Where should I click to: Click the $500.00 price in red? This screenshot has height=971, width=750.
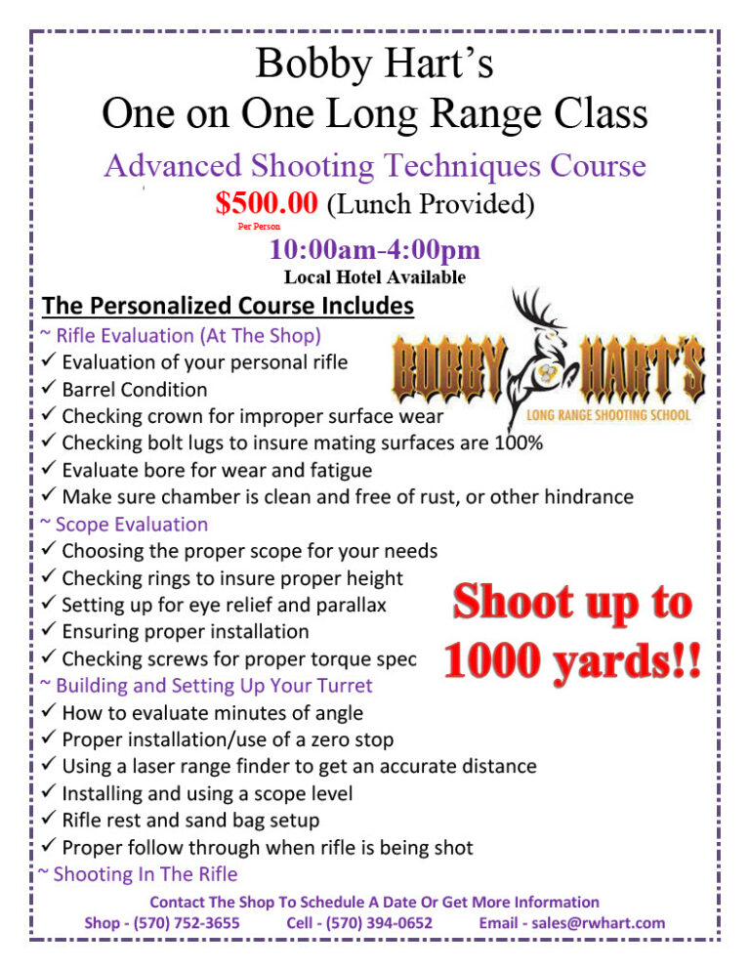point(267,203)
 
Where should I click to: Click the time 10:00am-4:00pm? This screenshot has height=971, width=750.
point(374,251)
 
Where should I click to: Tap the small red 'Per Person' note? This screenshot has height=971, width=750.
point(259,227)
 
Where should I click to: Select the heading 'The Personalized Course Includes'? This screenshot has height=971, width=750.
point(229,306)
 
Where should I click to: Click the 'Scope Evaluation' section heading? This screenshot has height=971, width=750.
point(132,525)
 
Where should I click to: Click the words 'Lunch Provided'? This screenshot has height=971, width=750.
point(430,203)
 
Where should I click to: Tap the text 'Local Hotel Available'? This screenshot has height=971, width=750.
point(374,277)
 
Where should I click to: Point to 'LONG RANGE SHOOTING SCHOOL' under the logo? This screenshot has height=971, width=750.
point(609,414)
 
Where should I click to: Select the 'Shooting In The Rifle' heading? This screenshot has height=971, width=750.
point(145,874)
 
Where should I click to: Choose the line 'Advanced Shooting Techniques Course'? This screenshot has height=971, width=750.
point(374,166)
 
